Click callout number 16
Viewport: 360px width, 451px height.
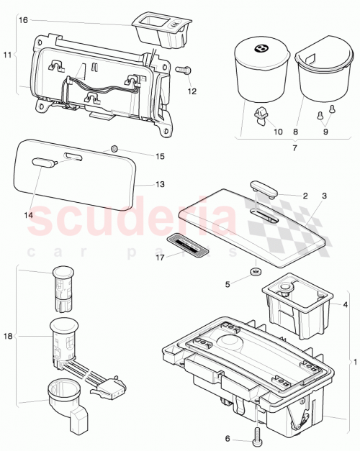coord(23,21)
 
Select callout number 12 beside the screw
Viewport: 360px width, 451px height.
coord(192,91)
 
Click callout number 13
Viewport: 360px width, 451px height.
coord(160,184)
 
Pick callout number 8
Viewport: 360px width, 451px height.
coord(296,132)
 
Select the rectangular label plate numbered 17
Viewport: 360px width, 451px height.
coord(188,245)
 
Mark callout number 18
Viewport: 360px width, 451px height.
coord(8,335)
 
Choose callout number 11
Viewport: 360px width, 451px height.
coord(8,55)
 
